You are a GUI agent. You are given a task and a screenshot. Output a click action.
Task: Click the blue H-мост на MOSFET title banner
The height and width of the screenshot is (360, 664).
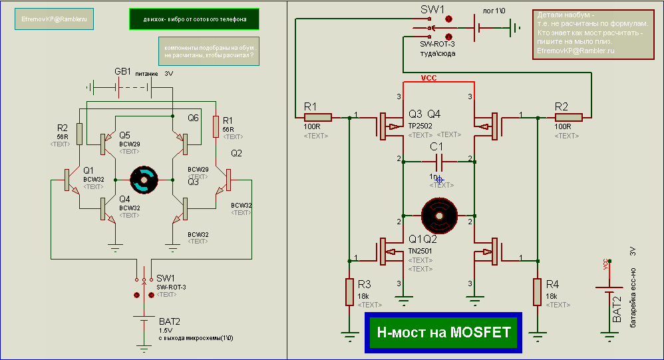(444, 332)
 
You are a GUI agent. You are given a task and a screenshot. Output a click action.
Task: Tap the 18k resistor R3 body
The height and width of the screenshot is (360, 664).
(349, 291)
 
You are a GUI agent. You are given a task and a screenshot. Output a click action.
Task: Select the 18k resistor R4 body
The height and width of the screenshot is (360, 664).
(537, 291)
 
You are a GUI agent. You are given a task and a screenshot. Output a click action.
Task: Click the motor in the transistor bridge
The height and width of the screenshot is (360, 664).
(144, 179)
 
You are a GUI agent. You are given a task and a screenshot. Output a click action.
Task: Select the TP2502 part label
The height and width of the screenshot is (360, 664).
(420, 124)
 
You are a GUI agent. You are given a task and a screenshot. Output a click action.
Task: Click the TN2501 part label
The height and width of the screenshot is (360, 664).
(420, 251)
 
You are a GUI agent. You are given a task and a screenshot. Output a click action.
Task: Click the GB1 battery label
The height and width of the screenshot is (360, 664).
(122, 72)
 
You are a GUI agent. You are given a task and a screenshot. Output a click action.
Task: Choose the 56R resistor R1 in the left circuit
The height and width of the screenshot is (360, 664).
(216, 125)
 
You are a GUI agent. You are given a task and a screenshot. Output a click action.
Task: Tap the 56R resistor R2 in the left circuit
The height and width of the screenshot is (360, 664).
(79, 134)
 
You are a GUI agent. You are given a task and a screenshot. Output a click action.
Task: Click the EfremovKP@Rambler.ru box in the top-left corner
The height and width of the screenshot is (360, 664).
(54, 20)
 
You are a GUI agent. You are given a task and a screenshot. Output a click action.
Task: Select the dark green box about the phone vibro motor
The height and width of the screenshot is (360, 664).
(194, 19)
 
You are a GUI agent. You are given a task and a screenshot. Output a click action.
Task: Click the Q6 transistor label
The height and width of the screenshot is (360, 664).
(193, 118)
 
